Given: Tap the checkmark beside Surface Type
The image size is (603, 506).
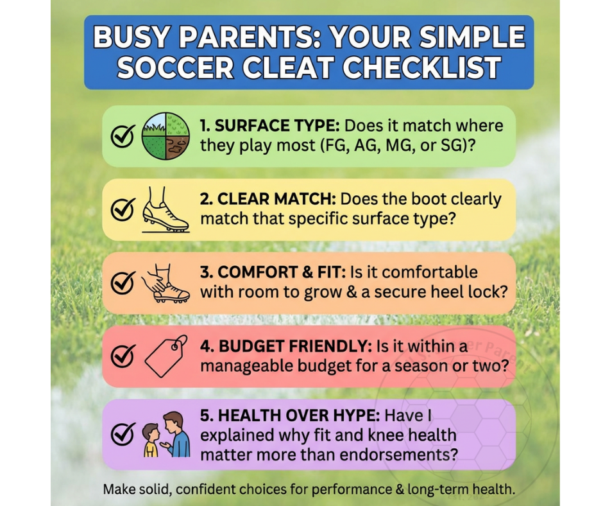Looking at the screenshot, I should coord(123,136).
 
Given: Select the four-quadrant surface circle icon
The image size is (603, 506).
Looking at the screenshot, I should coord(166,135).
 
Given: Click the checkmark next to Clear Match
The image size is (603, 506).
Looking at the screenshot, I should coord(123,209).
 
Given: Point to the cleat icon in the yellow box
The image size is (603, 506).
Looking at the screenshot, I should coord(165,209).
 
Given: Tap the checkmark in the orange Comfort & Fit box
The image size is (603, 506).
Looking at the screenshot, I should coord(123,282).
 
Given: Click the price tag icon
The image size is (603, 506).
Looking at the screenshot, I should coord(166,355).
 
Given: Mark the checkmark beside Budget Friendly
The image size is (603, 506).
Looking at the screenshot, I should coord(123,355).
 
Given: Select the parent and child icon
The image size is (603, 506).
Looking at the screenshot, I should coord(166,435).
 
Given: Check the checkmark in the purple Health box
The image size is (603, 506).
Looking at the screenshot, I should coord(123,435).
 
